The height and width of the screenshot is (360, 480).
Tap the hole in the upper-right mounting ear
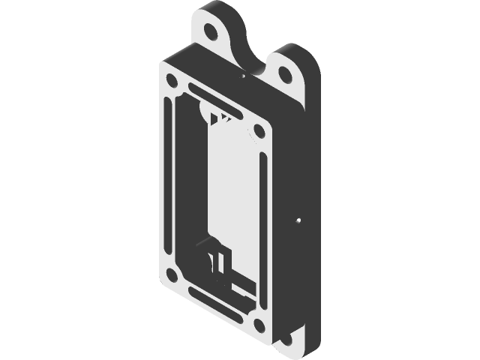(285, 73)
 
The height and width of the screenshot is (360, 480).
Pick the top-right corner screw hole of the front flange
(258, 131)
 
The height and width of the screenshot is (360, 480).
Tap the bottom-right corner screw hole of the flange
(258, 324)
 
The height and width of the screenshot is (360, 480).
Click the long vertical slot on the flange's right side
(262, 225)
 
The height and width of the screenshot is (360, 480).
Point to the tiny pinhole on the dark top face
(244, 76)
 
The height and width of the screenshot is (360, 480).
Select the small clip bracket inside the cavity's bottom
(217, 262)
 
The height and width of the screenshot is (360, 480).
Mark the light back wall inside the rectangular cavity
(225, 187)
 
